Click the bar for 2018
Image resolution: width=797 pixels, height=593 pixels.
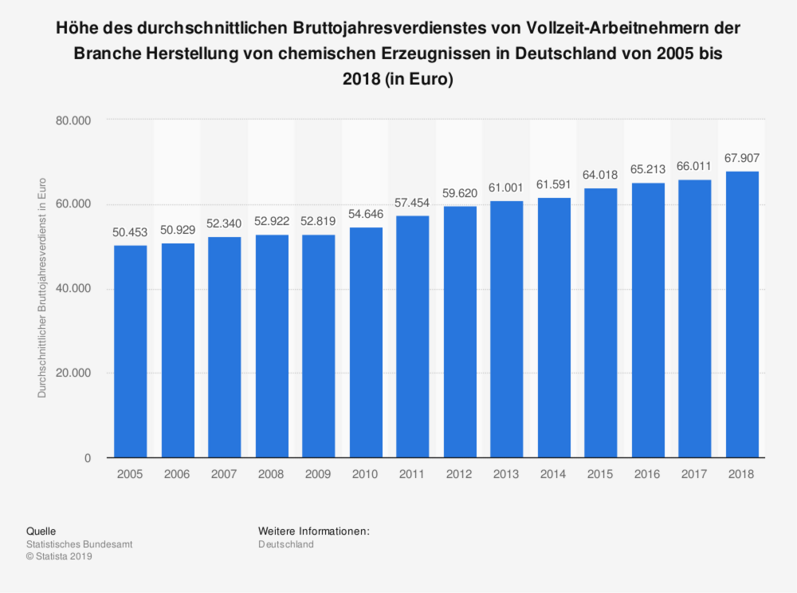click(x=742, y=314)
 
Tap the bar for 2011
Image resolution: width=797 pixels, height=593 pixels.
click(x=412, y=337)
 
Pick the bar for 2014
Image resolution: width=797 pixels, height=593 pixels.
click(x=554, y=328)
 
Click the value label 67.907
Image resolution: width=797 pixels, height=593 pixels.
click(x=742, y=158)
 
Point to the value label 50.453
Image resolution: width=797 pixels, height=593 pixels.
click(x=130, y=232)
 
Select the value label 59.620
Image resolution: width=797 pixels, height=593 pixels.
click(x=459, y=193)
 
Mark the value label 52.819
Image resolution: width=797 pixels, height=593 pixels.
click(x=318, y=222)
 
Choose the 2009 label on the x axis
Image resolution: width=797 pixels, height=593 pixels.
click(x=318, y=474)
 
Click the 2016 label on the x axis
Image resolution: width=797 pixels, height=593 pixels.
click(x=648, y=474)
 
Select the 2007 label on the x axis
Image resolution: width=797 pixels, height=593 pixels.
click(x=224, y=474)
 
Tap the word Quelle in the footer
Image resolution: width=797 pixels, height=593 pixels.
click(x=41, y=531)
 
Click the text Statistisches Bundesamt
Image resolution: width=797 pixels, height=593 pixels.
click(x=80, y=544)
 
